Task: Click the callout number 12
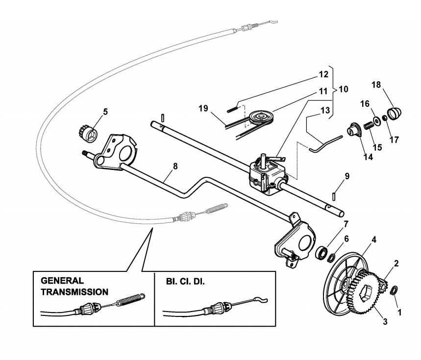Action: pos(323,74)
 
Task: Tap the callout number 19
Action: pos(203,108)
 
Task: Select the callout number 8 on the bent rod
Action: pos(175,166)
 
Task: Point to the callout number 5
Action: pos(105,112)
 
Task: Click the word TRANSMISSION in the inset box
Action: pos(74,292)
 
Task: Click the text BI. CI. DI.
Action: pos(185,282)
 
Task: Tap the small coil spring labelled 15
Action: pos(369,126)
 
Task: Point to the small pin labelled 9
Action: pos(333,195)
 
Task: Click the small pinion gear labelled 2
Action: pos(383,287)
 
